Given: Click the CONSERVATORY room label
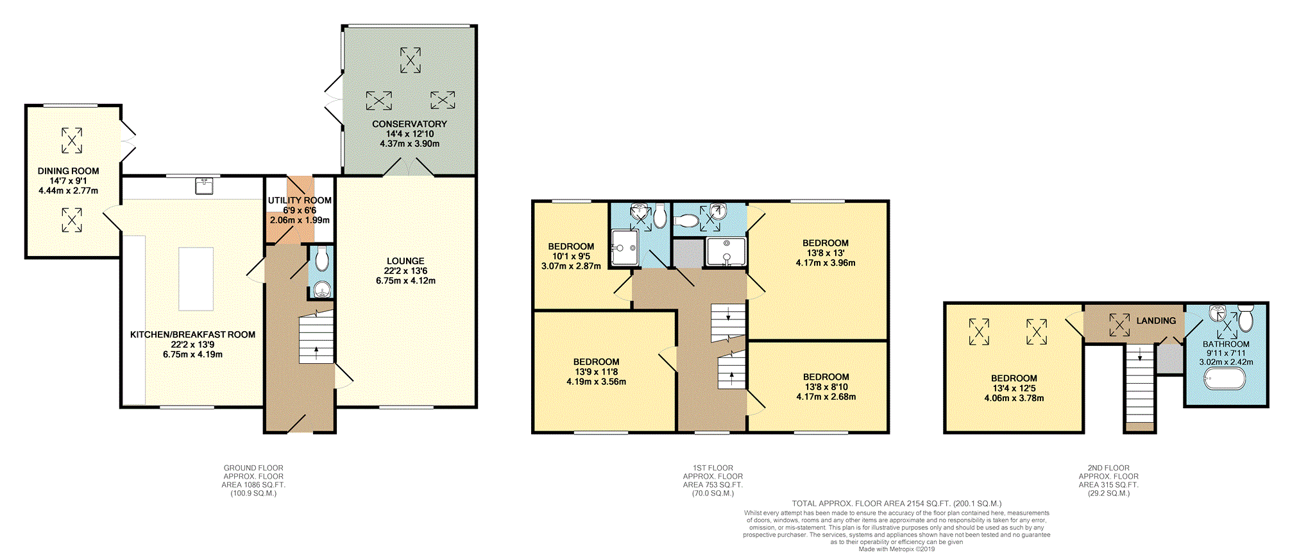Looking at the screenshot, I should point(409,124).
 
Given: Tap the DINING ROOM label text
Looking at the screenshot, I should point(68,171).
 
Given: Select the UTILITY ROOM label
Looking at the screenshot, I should point(300,200).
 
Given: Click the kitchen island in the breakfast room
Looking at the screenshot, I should point(196,278).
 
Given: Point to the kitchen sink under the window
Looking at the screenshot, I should point(205,186).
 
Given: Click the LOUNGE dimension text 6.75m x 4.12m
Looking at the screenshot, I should point(405,280).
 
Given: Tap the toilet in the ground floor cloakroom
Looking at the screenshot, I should point(322,259).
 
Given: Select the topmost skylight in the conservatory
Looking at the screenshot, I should point(411,60).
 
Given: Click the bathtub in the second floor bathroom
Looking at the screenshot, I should point(1225,379).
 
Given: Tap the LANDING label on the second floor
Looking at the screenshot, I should point(1156,321).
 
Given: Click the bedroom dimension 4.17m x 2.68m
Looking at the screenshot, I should point(826,397).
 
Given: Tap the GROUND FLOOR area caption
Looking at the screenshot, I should point(253,481).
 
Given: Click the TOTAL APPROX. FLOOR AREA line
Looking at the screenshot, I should point(896,504).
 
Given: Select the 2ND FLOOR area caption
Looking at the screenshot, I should point(1108,481).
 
